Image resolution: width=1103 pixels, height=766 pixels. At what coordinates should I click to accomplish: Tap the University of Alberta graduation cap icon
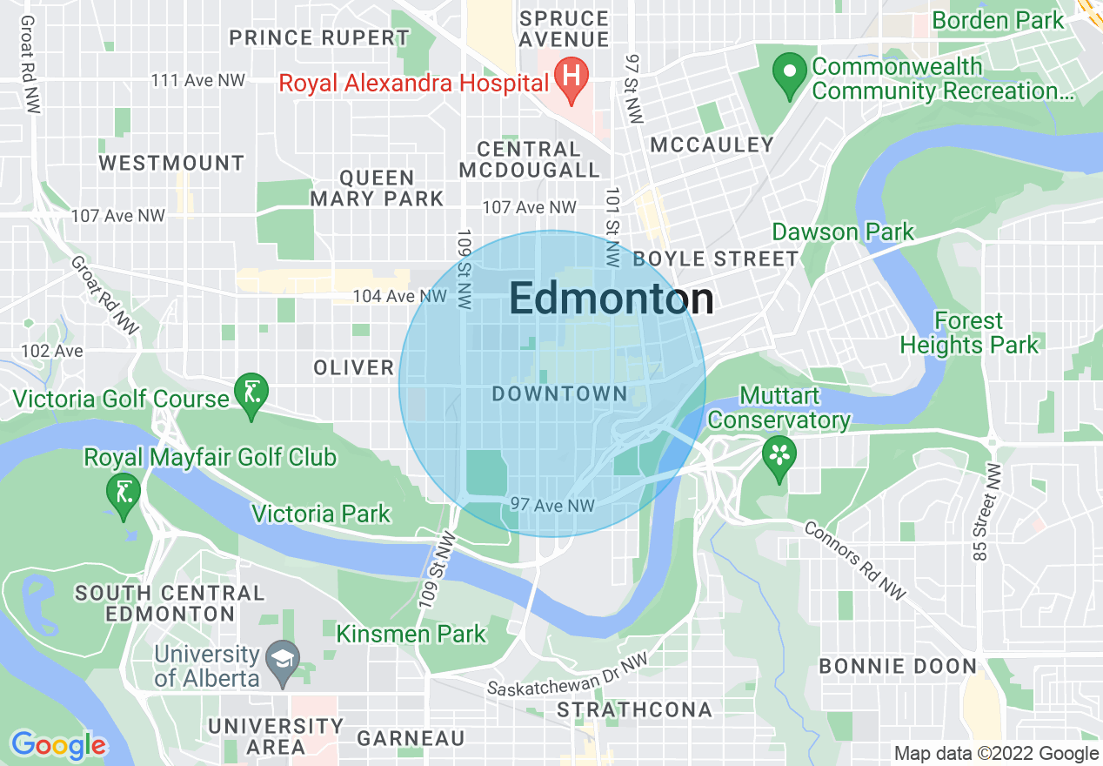pyautogui.click(x=284, y=658)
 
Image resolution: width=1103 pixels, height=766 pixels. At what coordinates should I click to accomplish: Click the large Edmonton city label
pyautogui.click(x=611, y=299)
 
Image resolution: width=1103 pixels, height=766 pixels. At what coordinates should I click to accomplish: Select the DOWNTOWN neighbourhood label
pyautogui.click(x=559, y=394)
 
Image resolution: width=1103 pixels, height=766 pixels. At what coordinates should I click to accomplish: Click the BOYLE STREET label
pyautogui.click(x=715, y=259)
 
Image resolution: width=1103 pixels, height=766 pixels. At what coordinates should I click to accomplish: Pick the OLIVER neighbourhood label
pyautogui.click(x=354, y=368)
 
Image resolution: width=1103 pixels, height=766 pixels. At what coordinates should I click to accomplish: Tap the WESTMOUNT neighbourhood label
pyautogui.click(x=171, y=164)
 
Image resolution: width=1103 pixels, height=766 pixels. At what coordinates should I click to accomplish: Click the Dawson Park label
pyautogui.click(x=843, y=232)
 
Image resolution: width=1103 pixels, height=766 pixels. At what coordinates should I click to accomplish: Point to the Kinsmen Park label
pyautogui.click(x=411, y=634)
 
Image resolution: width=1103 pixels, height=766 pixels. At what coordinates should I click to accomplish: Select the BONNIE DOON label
pyautogui.click(x=898, y=667)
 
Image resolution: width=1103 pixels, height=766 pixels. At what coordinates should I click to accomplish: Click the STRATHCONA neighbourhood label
pyautogui.click(x=634, y=709)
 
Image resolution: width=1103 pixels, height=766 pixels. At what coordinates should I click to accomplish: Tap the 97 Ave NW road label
pyautogui.click(x=552, y=505)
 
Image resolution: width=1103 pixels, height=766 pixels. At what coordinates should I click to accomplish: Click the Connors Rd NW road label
pyautogui.click(x=854, y=561)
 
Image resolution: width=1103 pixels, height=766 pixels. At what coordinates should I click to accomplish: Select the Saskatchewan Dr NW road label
pyautogui.click(x=568, y=677)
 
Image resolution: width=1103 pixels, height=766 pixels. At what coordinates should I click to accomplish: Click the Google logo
pyautogui.click(x=58, y=745)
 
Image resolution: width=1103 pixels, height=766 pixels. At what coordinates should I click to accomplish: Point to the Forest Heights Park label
pyautogui.click(x=968, y=333)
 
